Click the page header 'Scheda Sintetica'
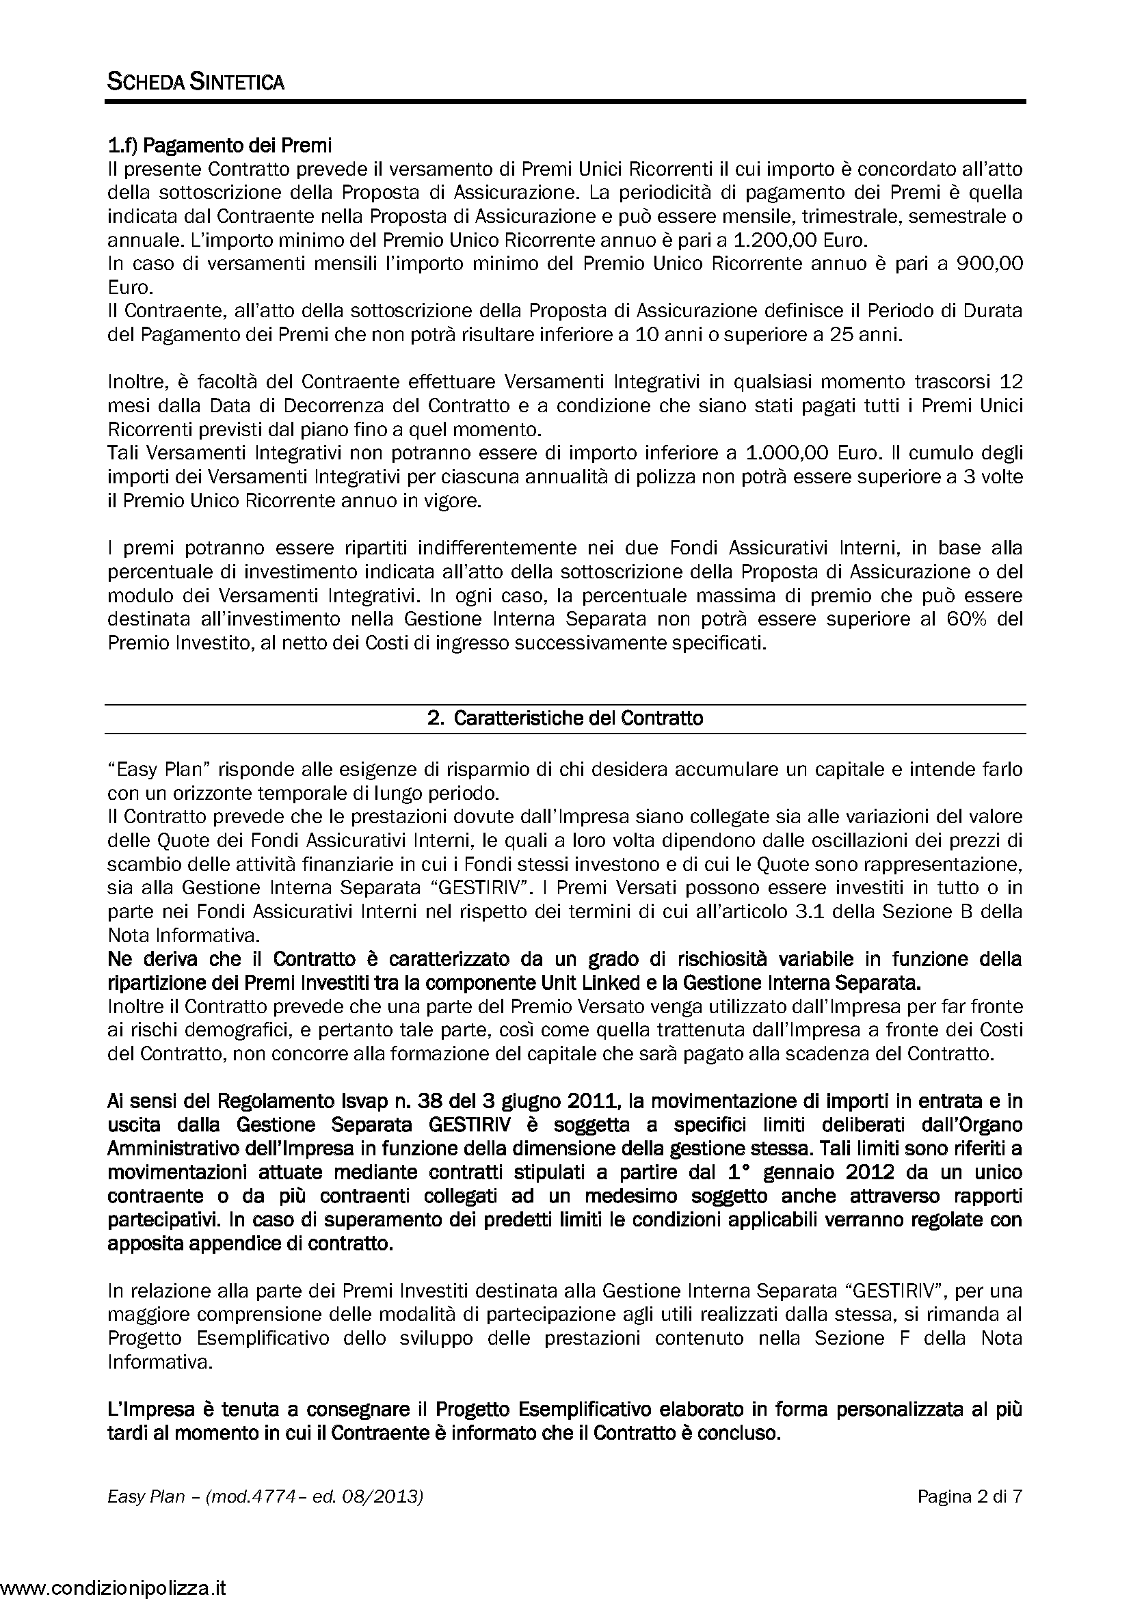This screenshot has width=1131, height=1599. point(196,82)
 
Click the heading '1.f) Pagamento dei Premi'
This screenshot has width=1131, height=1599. point(219,146)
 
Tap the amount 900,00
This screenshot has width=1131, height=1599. point(989,265)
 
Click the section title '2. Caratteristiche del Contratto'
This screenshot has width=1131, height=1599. point(565,718)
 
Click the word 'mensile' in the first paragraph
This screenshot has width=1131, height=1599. point(731,217)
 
